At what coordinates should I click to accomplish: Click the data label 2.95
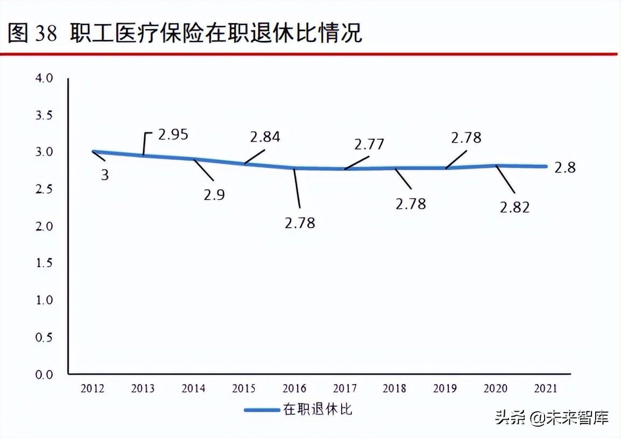pyautogui.click(x=173, y=134)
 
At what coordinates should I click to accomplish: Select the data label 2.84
pyautogui.click(x=265, y=137)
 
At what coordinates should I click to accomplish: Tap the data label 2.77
pyautogui.click(x=369, y=145)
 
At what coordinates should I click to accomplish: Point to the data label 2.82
pyautogui.click(x=514, y=207)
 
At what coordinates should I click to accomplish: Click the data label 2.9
pyautogui.click(x=214, y=194)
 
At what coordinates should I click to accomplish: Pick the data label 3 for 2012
pyautogui.click(x=104, y=174)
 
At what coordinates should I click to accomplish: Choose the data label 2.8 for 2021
pyautogui.click(x=564, y=167)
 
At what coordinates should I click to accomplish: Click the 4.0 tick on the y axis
pyautogui.click(x=45, y=79)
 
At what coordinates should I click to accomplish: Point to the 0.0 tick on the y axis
pyautogui.click(x=45, y=375)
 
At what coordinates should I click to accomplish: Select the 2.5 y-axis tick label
pyautogui.click(x=45, y=189)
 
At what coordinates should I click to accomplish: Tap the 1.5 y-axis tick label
pyautogui.click(x=45, y=263)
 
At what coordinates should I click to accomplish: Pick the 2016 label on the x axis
pyautogui.click(x=294, y=388)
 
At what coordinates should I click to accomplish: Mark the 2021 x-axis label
pyautogui.click(x=544, y=388)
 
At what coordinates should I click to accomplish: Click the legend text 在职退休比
pyautogui.click(x=317, y=409)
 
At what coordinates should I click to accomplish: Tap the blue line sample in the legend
pyautogui.click(x=262, y=410)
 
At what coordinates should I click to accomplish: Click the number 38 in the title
pyautogui.click(x=46, y=33)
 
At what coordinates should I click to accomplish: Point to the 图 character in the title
pyautogui.click(x=18, y=33)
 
